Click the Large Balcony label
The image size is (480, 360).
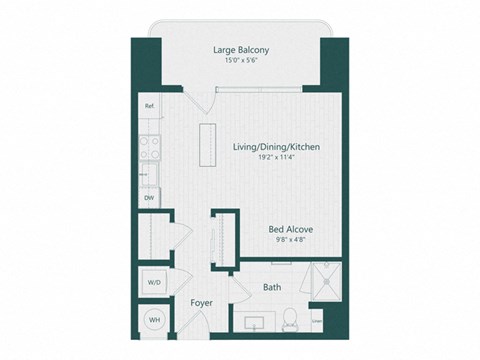tap(241, 49)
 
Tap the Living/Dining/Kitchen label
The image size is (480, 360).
tap(268, 147)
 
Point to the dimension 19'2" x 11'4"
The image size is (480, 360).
tap(268, 159)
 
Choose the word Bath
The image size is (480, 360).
tap(272, 288)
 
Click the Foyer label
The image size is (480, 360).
tap(202, 301)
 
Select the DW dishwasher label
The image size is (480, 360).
tap(148, 198)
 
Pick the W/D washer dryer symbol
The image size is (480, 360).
tap(154, 283)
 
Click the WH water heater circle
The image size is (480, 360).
tap(154, 320)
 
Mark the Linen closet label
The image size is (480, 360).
tap(317, 322)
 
